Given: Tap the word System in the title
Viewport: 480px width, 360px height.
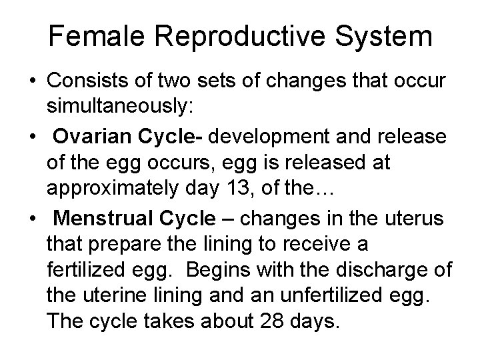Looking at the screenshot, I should [x=385, y=37].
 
